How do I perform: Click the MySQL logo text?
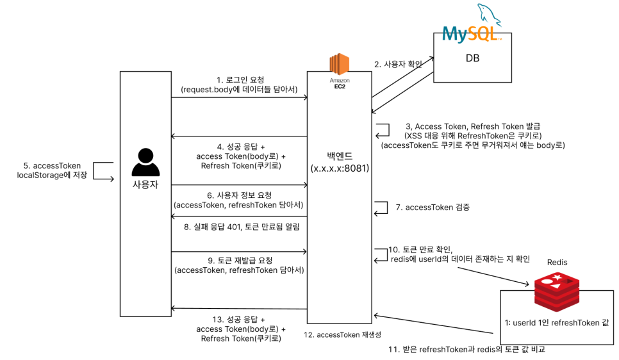pyautogui.click(x=471, y=33)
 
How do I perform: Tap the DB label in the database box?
pyautogui.click(x=472, y=58)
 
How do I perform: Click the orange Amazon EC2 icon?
pyautogui.click(x=339, y=65)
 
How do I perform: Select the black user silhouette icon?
pyautogui.click(x=145, y=162)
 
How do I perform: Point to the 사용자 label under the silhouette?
pyautogui.click(x=145, y=184)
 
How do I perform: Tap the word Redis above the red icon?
pyautogui.click(x=557, y=263)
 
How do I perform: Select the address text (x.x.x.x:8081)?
pyautogui.click(x=339, y=168)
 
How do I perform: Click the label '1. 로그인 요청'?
pyautogui.click(x=240, y=80)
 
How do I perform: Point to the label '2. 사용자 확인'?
pyautogui.click(x=398, y=65)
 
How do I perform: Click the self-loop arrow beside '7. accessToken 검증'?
pyautogui.click(x=381, y=207)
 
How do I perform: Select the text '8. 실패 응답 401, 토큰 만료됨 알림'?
pyautogui.click(x=242, y=226)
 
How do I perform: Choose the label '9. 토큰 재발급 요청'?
pyautogui.click(x=240, y=260)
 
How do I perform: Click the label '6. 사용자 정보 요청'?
pyautogui.click(x=240, y=195)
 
